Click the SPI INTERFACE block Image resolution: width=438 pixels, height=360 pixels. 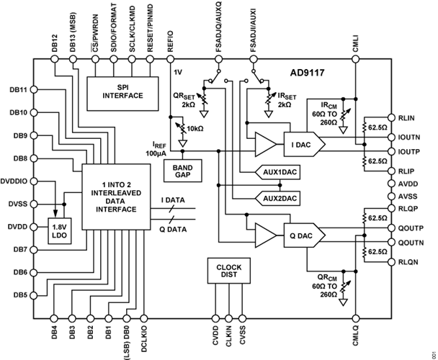(x=122, y=94)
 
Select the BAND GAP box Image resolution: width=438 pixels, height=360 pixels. (x=183, y=171)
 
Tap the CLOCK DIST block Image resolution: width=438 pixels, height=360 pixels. (x=229, y=271)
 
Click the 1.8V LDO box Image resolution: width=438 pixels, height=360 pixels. (x=60, y=231)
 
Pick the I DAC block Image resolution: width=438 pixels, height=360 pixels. (x=305, y=144)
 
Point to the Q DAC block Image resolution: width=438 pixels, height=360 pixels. (x=305, y=235)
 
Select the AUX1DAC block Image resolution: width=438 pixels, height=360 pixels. (x=277, y=172)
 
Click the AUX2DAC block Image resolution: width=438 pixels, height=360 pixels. (x=277, y=199)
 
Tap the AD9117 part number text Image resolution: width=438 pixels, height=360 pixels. (x=307, y=73)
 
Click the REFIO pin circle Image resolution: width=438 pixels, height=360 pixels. (x=170, y=59)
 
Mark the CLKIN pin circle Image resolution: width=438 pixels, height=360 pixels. (x=228, y=318)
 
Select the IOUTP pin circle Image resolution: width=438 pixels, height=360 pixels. (x=392, y=151)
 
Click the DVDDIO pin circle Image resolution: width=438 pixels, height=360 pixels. (x=34, y=181)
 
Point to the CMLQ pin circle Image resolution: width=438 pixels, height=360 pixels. (x=355, y=318)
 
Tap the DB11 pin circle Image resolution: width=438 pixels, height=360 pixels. (x=34, y=90)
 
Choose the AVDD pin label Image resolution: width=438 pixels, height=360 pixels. (x=408, y=184)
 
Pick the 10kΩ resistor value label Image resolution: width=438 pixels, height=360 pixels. (x=195, y=129)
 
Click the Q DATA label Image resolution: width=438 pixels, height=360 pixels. (x=173, y=229)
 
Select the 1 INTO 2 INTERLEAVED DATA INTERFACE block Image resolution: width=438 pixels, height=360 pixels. (x=116, y=197)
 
